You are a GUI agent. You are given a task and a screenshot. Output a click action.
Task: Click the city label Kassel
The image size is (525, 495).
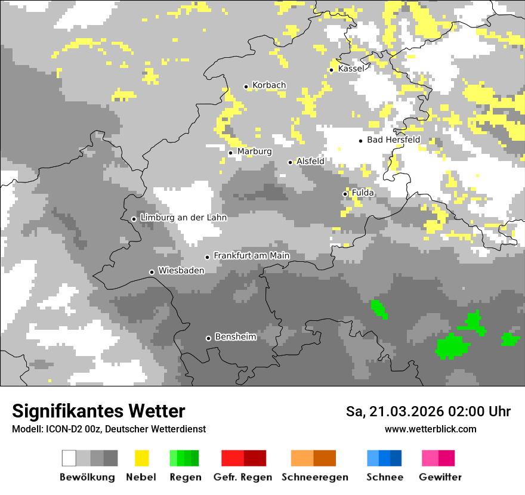coord(351,69)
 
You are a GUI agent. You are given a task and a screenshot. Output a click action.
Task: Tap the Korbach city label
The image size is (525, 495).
coord(269,85)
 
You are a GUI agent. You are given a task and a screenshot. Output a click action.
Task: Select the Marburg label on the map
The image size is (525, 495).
coord(254,151)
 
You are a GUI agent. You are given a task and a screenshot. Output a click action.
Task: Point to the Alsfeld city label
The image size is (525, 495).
coord(310,161)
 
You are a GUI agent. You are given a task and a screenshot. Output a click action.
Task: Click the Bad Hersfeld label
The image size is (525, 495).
coord(393,140)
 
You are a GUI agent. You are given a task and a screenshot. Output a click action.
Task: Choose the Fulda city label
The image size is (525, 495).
coord(363,193)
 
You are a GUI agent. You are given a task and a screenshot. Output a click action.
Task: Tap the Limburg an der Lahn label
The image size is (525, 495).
coord(183,218)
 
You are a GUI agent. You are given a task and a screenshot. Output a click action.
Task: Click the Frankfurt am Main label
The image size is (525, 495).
coord(251,255)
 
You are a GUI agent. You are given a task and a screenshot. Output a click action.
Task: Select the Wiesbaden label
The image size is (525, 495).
coord(181,270)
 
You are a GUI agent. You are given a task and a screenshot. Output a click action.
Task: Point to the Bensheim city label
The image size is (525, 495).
coord(235,337)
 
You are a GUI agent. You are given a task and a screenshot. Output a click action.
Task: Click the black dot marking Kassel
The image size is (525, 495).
coord(331,70)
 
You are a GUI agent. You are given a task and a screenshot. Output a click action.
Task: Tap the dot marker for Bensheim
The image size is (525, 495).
coord(208,338)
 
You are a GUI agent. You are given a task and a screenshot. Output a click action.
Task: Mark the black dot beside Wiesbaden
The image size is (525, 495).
coord(152,272)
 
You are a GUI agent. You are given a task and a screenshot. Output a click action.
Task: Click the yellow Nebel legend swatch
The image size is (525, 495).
coord(142,458)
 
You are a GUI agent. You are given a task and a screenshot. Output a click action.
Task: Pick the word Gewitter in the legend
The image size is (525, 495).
coord(440,477)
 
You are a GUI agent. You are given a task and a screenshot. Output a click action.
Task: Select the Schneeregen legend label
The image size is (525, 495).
coord(315,477)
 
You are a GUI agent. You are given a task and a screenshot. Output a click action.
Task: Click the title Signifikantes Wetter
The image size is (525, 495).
coord(98,411)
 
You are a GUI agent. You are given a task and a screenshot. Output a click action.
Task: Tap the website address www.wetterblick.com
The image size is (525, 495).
coord(430,429)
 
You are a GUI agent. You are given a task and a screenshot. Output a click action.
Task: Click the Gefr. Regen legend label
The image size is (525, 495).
coord(243,477)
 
